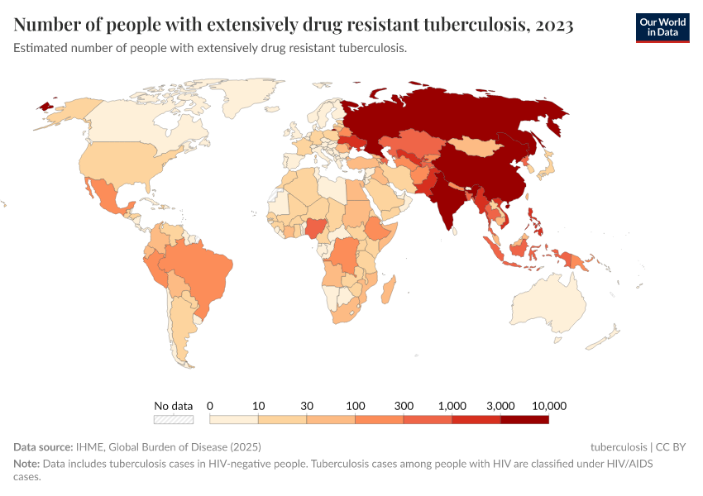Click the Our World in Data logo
point(662,27)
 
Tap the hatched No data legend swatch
point(174,419)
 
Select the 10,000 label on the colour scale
point(548,406)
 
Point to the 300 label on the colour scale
point(404,406)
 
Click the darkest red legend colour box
point(524,419)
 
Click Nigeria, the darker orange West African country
point(317,227)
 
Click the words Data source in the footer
point(43,447)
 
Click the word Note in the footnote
point(26,464)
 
